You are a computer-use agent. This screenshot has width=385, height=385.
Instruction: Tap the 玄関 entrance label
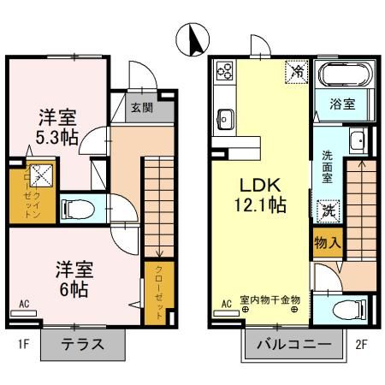pos(141,107)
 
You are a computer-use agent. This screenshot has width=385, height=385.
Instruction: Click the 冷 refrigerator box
pos(296,71)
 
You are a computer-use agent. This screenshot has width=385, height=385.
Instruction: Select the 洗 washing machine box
pos(327,207)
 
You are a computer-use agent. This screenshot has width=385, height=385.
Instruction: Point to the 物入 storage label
pos(328,242)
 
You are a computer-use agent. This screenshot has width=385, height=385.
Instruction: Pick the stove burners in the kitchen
pos(226,71)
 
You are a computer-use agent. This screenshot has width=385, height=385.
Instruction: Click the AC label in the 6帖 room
pos(23,304)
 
